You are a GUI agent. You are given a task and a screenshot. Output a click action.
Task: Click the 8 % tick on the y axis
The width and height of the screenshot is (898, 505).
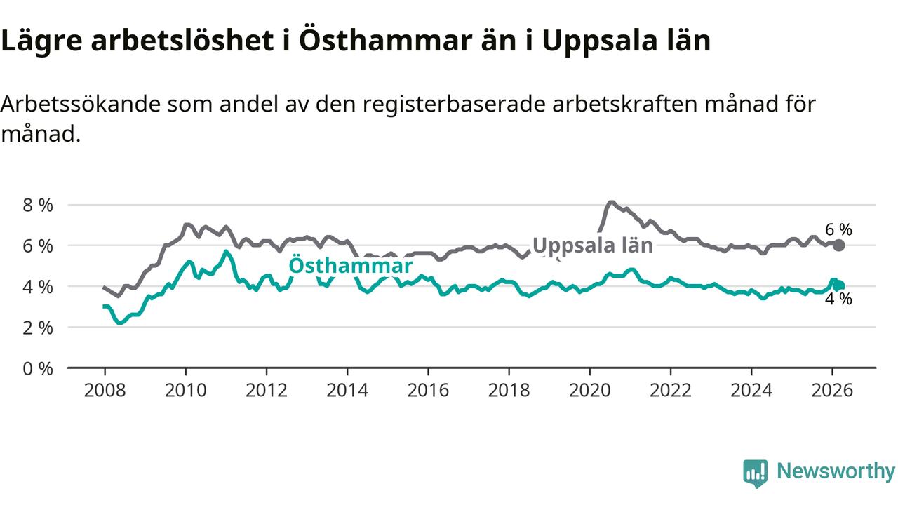(36, 206)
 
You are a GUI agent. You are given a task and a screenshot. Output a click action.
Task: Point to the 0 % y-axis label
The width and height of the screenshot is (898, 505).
(36, 368)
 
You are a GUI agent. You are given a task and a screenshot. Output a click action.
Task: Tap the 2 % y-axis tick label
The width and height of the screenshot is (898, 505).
(36, 328)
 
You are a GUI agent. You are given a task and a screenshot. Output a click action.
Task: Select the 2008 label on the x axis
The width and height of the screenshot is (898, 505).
(105, 389)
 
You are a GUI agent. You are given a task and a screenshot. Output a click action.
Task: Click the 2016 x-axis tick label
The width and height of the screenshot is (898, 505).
(428, 389)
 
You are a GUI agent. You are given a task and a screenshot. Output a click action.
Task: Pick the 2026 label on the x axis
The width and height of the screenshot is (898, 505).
(832, 389)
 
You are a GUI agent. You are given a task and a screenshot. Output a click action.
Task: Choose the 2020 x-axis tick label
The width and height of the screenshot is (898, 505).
(589, 389)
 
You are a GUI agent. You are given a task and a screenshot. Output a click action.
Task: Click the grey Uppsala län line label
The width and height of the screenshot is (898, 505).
(593, 245)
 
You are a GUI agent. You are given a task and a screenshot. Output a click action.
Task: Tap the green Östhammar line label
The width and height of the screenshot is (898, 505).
(350, 266)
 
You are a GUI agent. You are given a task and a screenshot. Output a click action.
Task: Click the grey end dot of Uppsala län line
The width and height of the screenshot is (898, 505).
(839, 245)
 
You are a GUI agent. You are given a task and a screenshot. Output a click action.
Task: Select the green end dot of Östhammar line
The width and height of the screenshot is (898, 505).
(839, 285)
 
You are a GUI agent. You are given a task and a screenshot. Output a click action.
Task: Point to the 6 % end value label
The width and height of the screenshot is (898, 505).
(838, 229)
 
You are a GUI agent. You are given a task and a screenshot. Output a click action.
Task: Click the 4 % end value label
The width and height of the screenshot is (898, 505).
(838, 299)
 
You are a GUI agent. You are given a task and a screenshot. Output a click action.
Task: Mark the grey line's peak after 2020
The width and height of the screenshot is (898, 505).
(611, 203)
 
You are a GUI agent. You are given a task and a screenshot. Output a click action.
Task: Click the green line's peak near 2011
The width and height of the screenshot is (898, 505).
(226, 251)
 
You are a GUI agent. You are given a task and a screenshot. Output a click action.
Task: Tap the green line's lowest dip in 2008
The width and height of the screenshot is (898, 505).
(120, 323)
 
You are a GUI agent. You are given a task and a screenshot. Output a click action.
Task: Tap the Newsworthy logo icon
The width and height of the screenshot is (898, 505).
(756, 473)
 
